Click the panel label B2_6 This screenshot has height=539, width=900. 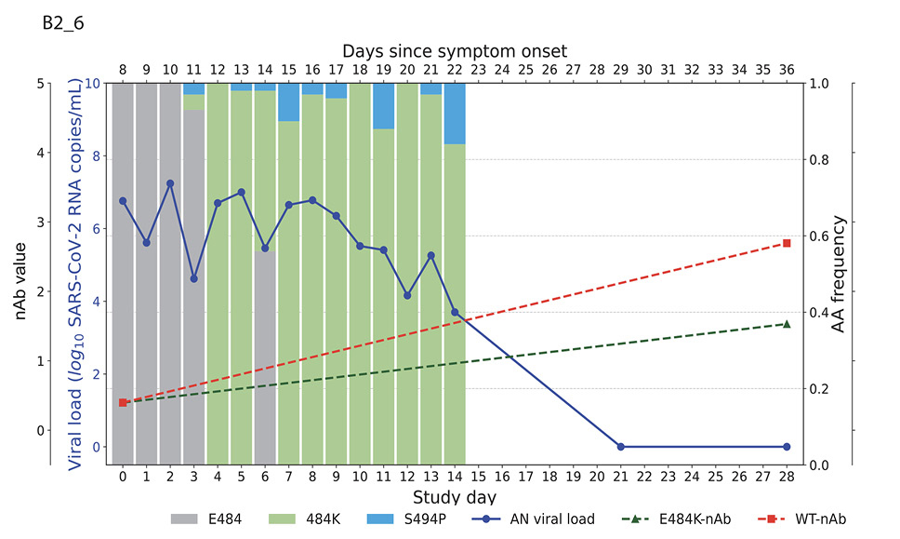pos(63,24)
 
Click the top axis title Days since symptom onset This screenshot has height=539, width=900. pos(454,50)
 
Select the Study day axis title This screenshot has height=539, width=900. pos(454,497)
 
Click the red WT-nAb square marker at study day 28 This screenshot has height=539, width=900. pos(787,243)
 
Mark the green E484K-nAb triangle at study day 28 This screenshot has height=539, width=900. pos(787,323)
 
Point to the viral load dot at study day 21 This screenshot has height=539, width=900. pos(620,447)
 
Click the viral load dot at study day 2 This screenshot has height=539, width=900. pos(170,183)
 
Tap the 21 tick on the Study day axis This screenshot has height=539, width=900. pos(620,476)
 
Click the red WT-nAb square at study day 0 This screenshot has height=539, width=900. pos(123,402)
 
